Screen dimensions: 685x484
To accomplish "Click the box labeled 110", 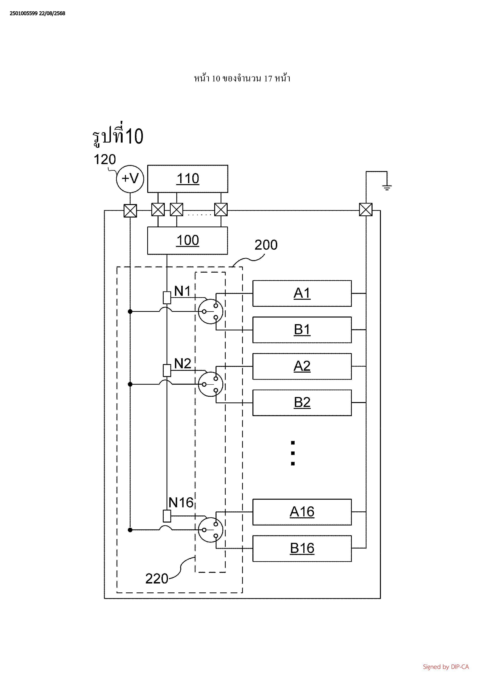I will pos(188,179).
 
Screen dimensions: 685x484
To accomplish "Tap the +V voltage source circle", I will pos(130,179).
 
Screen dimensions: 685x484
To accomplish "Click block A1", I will pos(302,293).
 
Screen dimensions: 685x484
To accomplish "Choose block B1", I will pos(302,330).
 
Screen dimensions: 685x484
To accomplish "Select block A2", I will pos(302,366).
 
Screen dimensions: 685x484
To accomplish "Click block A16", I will pos(302,512).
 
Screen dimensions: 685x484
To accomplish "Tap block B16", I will pos(302,548).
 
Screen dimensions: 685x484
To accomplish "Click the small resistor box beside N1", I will pos(167,297).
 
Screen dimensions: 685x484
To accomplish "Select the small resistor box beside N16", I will pos(167,516).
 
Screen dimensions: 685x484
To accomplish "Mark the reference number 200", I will pos(266,245).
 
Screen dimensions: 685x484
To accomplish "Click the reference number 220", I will pos(157,579).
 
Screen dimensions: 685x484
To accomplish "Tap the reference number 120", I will pos(105,160).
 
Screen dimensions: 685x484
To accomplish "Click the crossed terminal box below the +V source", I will pos(130,211).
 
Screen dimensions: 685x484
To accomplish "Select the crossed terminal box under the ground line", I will pos(366,210).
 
